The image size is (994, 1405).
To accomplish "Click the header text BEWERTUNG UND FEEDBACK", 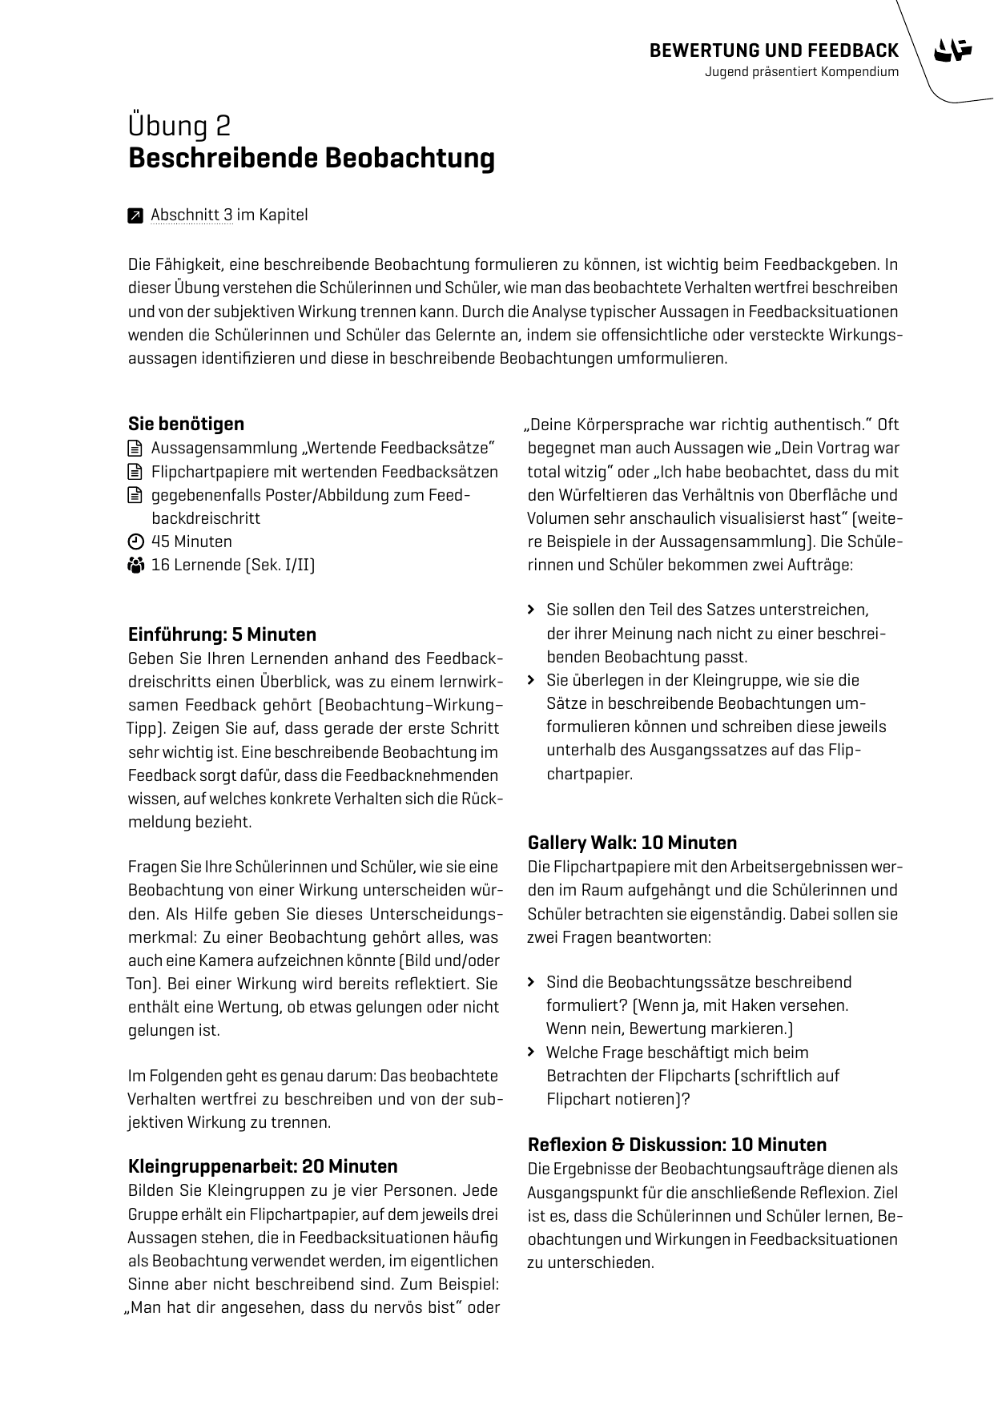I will [x=774, y=51].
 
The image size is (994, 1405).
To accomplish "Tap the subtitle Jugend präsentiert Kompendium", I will [x=802, y=72].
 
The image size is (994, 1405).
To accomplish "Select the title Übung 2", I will [x=179, y=126].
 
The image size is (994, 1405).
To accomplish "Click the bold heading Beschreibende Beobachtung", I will [x=311, y=158].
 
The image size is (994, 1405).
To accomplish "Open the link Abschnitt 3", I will [x=191, y=215].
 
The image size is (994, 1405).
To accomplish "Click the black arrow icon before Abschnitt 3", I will [x=135, y=215].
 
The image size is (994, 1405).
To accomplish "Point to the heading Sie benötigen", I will [x=186, y=424].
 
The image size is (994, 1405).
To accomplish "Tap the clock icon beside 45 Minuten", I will [x=135, y=541].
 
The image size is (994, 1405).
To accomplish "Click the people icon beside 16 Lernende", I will [x=135, y=566].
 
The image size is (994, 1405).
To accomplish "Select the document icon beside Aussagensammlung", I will [x=135, y=448].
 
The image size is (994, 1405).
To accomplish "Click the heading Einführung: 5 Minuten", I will [x=222, y=634].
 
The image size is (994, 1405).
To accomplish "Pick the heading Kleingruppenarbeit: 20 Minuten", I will [x=263, y=1165].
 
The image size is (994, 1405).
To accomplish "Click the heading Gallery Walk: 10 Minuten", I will [x=632, y=843].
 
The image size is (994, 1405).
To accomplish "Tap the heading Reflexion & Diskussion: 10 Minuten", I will [x=677, y=1144].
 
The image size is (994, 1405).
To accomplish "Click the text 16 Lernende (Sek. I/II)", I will [x=233, y=566].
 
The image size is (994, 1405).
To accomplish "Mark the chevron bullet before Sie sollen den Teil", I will [x=531, y=610].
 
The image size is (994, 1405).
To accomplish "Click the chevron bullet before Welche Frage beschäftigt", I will [x=531, y=1053].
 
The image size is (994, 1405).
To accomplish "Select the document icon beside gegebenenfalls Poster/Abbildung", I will [x=135, y=495].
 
